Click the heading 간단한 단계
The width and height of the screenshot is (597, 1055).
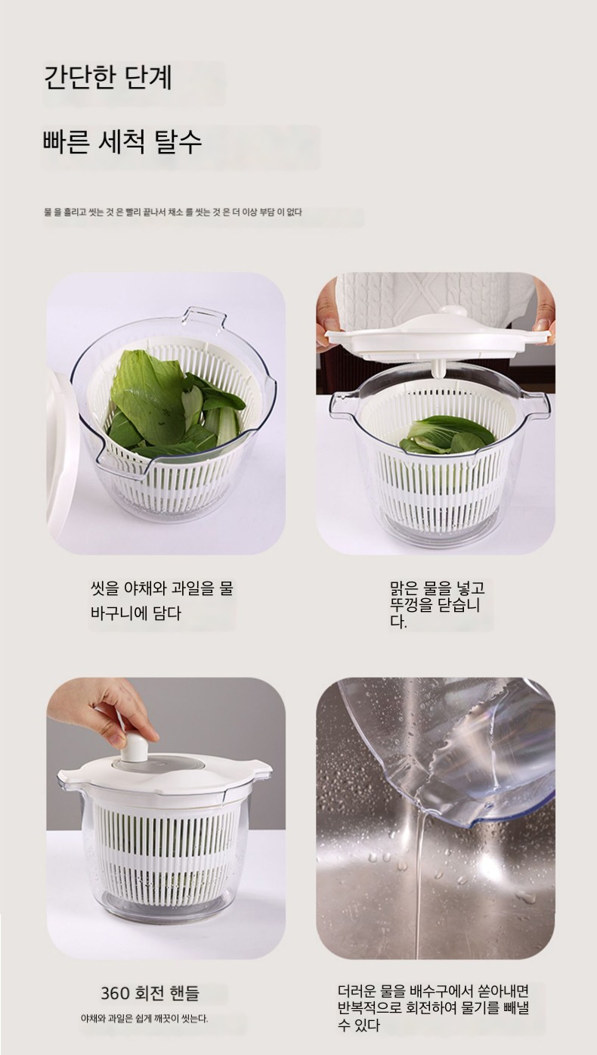point(108,78)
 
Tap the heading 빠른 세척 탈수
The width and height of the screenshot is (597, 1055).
point(122,141)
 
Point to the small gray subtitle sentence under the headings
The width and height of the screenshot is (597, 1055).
point(173,213)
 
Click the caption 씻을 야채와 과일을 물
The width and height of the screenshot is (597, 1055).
point(162,588)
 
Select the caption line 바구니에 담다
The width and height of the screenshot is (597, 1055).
point(136,613)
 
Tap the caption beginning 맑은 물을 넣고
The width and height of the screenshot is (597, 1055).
point(438,605)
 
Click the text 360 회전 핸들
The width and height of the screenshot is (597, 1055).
point(150,993)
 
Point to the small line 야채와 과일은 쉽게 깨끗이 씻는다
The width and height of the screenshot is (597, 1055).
point(144,1019)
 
